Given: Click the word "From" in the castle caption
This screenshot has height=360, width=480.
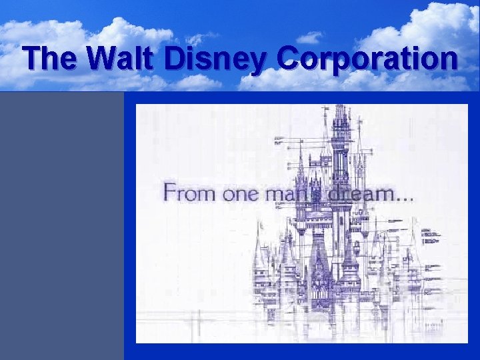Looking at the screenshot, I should click(187, 194).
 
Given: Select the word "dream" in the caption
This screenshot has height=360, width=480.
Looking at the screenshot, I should click(357, 194).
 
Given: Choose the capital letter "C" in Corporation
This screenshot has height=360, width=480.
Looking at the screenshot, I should click(293, 59).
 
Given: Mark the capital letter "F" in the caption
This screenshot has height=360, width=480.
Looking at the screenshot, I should click(171, 193).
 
